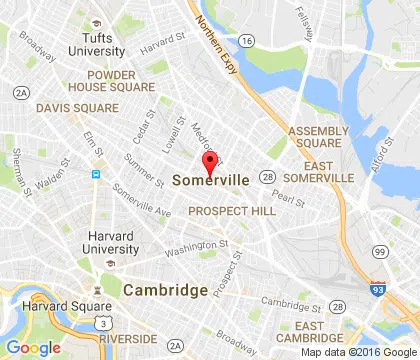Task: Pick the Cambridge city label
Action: (166, 290)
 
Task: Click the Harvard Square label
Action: (44, 305)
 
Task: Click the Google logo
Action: (34, 347)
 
